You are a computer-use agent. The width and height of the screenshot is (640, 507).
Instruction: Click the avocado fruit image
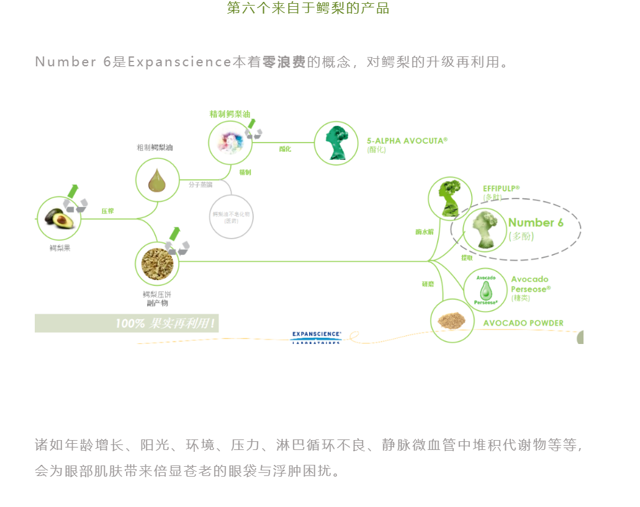click(59, 218)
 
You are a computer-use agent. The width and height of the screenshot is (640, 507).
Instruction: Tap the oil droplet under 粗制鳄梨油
click(157, 180)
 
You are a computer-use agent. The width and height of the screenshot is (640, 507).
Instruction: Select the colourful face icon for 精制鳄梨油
click(230, 143)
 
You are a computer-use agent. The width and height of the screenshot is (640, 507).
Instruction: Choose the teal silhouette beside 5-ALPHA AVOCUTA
click(336, 143)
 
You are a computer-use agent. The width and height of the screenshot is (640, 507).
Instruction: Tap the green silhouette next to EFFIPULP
click(450, 198)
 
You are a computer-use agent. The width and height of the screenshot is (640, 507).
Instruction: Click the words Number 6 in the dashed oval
click(536, 223)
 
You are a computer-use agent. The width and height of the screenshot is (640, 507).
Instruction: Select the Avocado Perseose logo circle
click(485, 289)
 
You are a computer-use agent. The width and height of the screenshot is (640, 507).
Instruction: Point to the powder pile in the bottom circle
click(453, 321)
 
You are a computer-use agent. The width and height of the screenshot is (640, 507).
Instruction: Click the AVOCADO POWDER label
click(523, 323)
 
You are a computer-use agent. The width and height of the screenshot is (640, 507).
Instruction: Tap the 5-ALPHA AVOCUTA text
click(407, 141)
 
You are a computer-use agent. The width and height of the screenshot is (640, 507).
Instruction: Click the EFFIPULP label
click(501, 188)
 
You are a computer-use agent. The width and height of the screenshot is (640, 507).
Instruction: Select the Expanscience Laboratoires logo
click(316, 337)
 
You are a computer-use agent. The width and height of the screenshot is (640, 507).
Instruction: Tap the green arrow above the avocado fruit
click(73, 190)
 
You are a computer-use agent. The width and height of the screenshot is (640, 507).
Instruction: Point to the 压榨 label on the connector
click(107, 211)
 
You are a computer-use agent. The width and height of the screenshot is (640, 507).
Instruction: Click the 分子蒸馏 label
click(200, 185)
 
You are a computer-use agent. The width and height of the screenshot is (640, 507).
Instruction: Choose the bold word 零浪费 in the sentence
click(284, 62)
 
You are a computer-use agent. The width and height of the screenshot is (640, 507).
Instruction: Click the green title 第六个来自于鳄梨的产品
click(308, 9)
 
